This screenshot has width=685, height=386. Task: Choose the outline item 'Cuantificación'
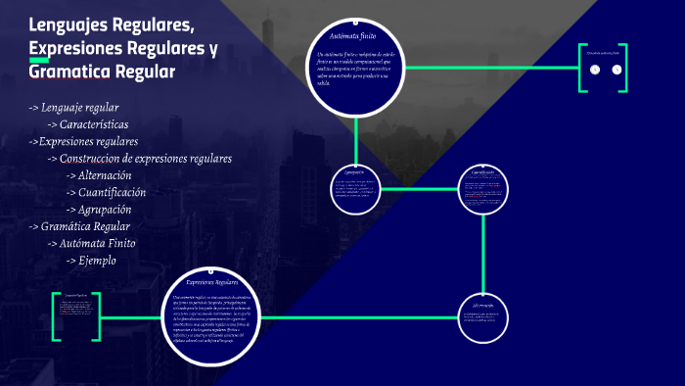click(x=112, y=192)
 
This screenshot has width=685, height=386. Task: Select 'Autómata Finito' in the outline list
click(x=97, y=243)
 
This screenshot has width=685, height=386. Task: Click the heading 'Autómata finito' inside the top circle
click(x=353, y=35)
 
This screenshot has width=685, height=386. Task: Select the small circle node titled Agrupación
click(x=355, y=189)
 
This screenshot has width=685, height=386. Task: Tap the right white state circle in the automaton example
click(x=616, y=70)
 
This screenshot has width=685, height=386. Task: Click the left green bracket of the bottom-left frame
click(x=53, y=316)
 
